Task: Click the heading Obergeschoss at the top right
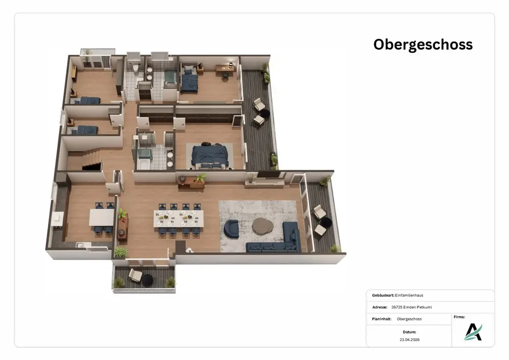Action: [x=422, y=45]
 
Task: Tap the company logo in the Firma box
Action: [x=473, y=332]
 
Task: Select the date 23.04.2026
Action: [x=410, y=340]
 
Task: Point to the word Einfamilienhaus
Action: [x=409, y=295]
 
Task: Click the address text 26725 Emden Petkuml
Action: [x=412, y=307]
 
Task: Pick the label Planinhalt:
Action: [x=381, y=319]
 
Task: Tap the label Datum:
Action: [x=409, y=332]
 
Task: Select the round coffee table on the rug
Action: [x=263, y=226]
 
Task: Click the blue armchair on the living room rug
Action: [x=232, y=228]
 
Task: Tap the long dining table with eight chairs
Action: [x=179, y=219]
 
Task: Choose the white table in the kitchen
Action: [x=102, y=217]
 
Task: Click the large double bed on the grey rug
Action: [x=209, y=156]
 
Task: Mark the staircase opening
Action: [x=92, y=167]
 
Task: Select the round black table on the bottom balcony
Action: [x=148, y=281]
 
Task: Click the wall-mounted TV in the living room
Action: [x=268, y=175]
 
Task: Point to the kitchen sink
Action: [x=79, y=245]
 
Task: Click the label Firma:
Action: [x=459, y=317]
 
